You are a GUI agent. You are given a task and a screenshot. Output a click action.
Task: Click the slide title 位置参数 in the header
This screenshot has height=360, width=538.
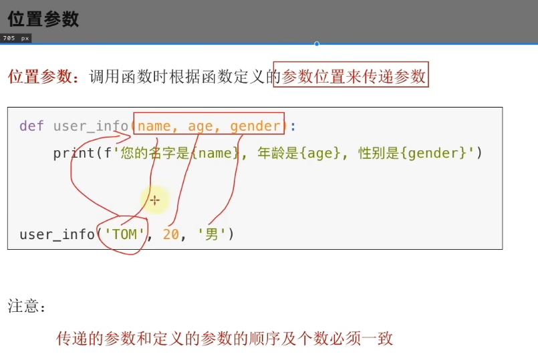point(43,19)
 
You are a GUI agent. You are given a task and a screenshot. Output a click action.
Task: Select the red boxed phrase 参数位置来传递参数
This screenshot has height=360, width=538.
point(354,77)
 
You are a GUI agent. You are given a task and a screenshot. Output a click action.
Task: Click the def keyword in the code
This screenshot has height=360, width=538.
point(31,126)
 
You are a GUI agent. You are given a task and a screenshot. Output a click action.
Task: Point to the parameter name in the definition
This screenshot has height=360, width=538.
point(154,126)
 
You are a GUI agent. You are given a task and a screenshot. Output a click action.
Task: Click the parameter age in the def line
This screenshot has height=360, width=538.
point(200,126)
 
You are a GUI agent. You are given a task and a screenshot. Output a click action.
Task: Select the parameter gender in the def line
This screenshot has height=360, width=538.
point(255,126)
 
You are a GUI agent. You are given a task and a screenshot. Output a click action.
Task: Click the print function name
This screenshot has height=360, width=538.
point(74,153)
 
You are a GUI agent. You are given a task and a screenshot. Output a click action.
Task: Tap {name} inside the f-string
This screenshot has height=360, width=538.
point(215,153)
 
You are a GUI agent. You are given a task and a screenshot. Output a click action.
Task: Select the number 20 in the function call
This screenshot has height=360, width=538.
point(170,234)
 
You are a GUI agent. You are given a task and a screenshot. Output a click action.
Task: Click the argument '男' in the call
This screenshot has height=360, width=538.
point(212,234)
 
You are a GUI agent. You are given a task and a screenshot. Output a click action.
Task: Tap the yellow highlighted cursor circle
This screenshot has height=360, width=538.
point(154,199)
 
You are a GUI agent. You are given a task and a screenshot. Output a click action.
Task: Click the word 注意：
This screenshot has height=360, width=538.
point(27,307)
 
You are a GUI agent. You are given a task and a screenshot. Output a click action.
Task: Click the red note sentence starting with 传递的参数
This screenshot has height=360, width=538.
point(225,339)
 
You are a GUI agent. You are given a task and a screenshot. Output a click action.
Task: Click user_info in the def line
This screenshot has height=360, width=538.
point(90,126)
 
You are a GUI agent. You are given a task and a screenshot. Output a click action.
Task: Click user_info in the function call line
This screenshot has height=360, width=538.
point(57,234)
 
